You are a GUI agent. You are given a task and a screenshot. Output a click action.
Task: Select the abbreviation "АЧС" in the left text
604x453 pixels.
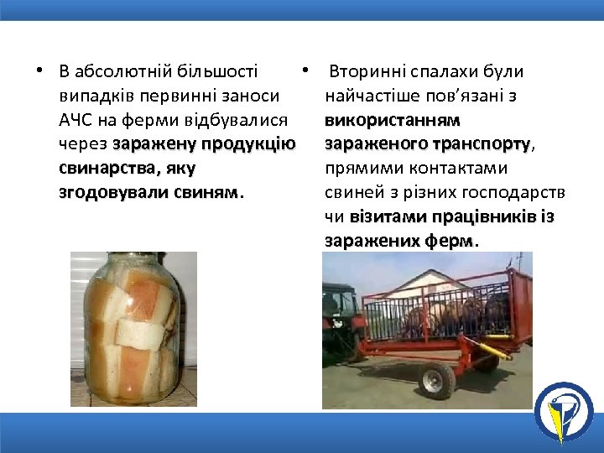(x=77, y=120)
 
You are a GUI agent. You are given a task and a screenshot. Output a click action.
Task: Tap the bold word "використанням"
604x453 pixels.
(x=392, y=120)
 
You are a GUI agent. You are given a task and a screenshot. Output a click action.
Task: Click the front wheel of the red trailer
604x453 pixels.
(x=435, y=382)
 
